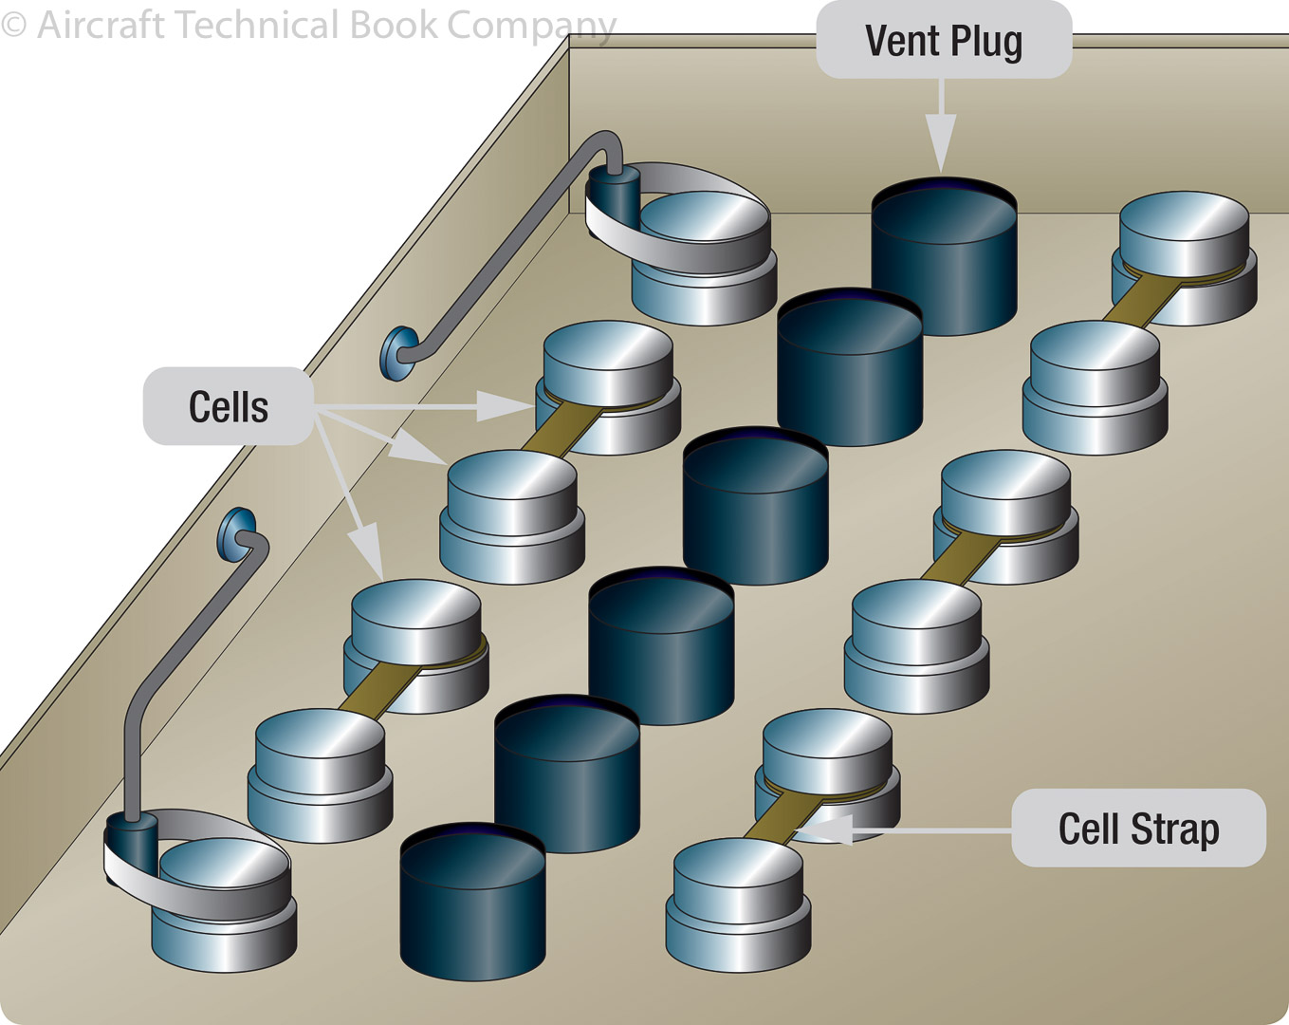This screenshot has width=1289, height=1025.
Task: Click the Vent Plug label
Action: click(944, 41)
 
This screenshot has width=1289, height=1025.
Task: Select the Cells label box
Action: click(229, 406)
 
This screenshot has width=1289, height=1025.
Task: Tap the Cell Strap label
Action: click(1138, 829)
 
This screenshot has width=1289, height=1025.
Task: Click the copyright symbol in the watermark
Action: click(13, 25)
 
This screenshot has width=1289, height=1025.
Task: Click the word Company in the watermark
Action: click(531, 27)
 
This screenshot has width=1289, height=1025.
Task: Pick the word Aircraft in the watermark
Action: click(101, 25)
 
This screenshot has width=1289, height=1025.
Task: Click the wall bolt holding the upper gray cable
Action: click(399, 353)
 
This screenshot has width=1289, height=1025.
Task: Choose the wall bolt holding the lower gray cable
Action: click(236, 534)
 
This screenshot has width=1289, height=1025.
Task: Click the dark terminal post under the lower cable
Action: click(131, 845)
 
